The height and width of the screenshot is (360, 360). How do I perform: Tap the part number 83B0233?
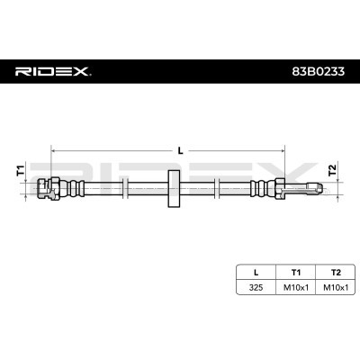[319, 71]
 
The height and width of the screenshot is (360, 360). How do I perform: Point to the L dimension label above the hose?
[180, 150]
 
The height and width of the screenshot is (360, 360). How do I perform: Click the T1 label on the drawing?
[21, 170]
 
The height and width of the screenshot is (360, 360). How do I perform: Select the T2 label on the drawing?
[332, 170]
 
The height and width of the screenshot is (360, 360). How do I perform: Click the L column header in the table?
[256, 273]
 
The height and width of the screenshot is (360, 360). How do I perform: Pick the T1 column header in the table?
[296, 273]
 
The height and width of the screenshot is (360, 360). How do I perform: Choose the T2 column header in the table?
[336, 273]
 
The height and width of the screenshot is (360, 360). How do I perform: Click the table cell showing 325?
[256, 287]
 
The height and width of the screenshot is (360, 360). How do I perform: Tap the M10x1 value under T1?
[296, 287]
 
